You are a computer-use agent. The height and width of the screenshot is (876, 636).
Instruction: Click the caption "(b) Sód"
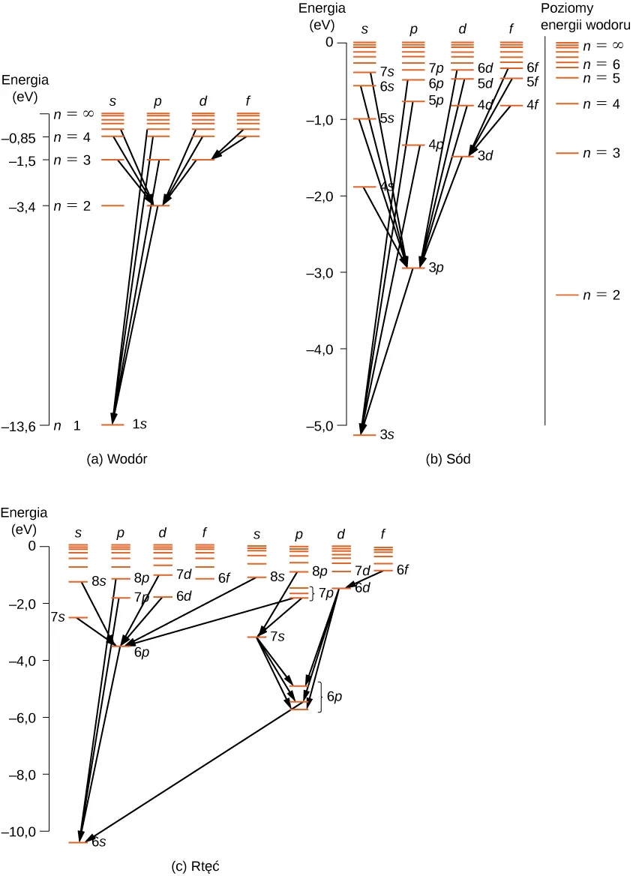pos(448,459)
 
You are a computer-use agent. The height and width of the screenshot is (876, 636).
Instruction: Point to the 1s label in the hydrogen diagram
pos(139,424)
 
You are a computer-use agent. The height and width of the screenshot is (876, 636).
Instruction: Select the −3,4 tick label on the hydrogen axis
pos(25,205)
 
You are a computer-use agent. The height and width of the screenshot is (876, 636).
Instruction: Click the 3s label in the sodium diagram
pos(388,435)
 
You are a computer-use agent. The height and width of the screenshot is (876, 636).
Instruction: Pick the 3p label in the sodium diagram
pos(437,268)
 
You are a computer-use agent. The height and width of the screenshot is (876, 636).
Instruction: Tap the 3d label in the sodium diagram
pos(486,157)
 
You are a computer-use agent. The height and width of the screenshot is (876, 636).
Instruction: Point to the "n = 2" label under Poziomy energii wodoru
pos(601,295)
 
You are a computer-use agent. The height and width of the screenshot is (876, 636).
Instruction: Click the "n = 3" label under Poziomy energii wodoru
pos(601,153)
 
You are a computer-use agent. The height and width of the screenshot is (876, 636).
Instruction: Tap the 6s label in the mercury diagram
pos(98,842)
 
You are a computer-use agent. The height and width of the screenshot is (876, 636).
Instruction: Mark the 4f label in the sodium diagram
pos(532,106)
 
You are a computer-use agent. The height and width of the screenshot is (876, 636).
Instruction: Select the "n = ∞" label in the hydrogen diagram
pos(73,115)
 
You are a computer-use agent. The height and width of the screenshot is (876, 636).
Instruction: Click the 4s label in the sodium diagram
pos(387,187)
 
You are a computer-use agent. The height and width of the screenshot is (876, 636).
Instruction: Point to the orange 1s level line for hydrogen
pos(112,425)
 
